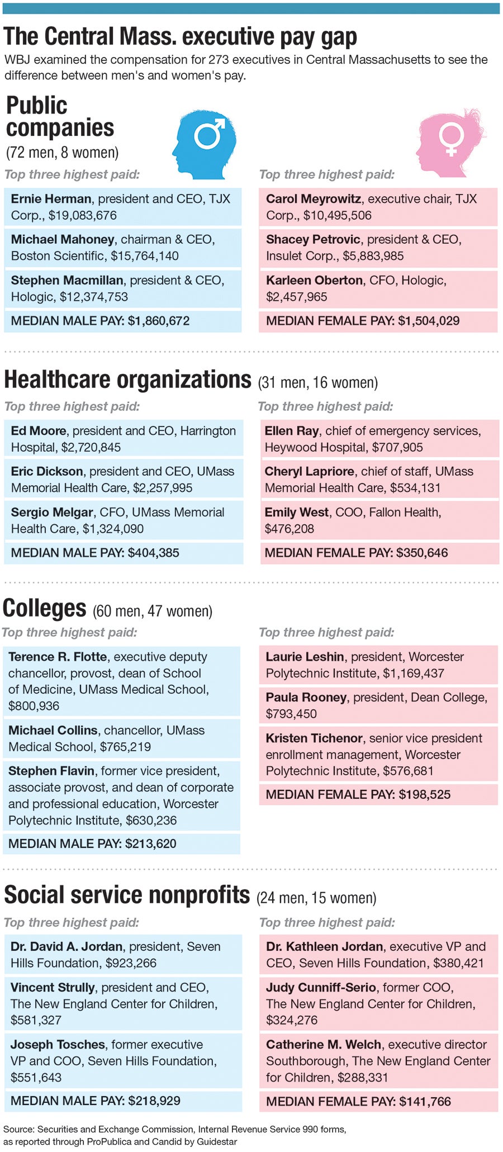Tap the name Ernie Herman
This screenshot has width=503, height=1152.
click(51, 199)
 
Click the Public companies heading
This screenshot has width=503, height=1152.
click(59, 116)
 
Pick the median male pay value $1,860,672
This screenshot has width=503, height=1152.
click(159, 321)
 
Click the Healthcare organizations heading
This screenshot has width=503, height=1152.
click(127, 380)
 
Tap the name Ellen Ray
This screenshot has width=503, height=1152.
click(291, 431)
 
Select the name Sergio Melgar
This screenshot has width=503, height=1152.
click(52, 513)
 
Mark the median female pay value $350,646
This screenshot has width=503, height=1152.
click(422, 553)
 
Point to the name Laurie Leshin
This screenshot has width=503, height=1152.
click(305, 657)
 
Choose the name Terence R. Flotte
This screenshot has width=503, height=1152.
click(58, 657)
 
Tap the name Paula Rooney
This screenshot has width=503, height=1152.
click(306, 698)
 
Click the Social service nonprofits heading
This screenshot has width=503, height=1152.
click(126, 895)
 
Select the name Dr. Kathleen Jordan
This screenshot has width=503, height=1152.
click(324, 947)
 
